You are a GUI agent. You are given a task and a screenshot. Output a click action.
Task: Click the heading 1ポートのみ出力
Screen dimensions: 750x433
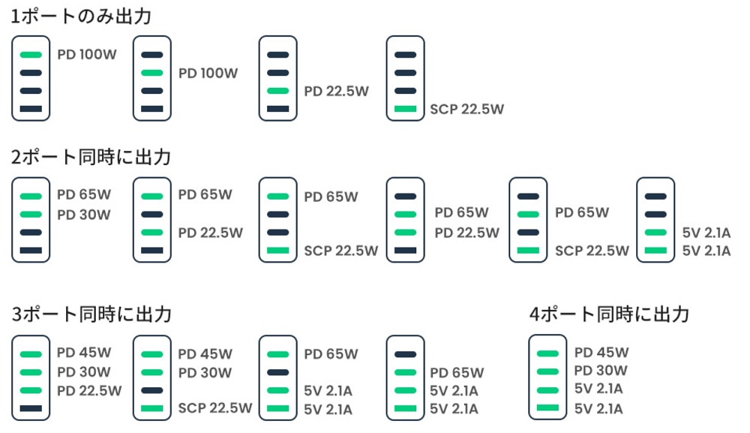click(x=81, y=17)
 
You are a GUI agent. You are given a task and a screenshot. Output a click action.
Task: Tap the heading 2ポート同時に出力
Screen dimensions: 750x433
click(x=91, y=157)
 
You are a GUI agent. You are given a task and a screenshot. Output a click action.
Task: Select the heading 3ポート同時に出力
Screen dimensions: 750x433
click(x=91, y=314)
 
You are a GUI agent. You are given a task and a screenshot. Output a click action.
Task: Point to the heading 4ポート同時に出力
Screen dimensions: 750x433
click(x=609, y=314)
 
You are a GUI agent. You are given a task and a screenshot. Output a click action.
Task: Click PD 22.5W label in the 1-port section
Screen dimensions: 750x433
click(x=336, y=91)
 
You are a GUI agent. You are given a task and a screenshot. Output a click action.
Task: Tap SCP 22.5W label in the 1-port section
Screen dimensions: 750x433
click(x=466, y=109)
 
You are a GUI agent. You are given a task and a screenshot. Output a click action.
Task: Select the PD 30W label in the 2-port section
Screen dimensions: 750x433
click(x=84, y=215)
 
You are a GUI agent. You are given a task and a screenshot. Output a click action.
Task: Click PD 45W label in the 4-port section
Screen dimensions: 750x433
click(x=601, y=353)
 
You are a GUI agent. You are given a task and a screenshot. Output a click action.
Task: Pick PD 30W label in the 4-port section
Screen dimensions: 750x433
click(x=601, y=370)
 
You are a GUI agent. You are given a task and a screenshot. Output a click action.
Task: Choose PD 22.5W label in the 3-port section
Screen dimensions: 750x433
click(x=89, y=391)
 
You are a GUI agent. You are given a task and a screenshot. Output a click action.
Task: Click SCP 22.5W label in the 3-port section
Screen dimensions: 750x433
click(x=215, y=408)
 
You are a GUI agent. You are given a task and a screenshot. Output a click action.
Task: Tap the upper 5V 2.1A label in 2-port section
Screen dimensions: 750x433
click(x=706, y=233)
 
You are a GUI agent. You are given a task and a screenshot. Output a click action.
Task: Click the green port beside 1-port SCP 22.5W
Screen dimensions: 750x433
click(x=406, y=109)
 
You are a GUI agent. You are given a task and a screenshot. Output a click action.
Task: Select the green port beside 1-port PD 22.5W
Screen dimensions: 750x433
click(x=278, y=91)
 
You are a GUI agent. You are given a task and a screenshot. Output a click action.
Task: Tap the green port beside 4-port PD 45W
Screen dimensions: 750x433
click(x=547, y=353)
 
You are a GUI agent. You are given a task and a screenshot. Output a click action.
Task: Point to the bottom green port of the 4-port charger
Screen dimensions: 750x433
click(x=547, y=407)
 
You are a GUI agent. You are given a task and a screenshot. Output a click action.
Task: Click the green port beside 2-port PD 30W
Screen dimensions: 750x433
click(x=31, y=215)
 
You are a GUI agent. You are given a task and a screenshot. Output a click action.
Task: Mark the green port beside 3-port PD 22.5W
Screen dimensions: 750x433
click(x=31, y=390)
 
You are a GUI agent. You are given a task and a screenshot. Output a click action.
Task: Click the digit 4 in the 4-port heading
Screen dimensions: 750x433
click(x=534, y=315)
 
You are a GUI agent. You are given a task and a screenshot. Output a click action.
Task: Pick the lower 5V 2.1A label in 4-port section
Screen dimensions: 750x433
click(x=598, y=409)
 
